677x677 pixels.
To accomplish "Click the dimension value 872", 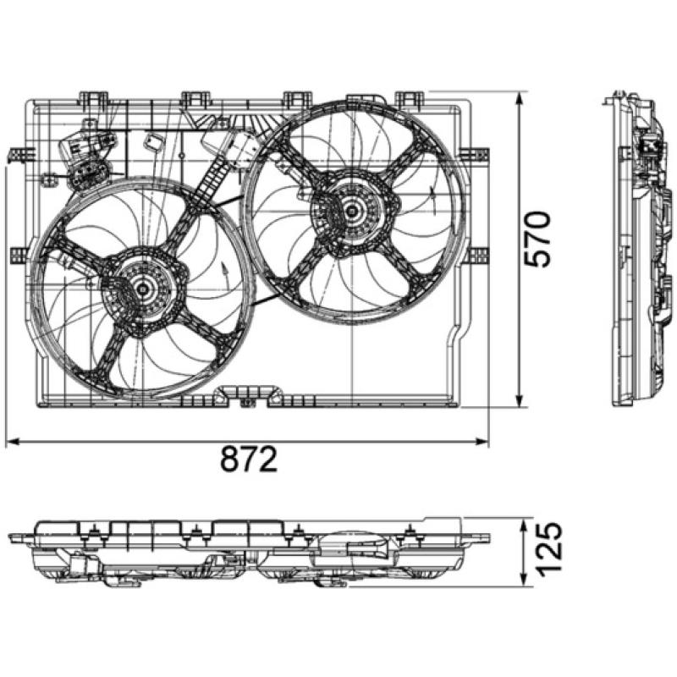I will [x=249, y=461].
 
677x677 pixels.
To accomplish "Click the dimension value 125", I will [x=546, y=551].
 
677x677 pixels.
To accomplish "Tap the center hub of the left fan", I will [x=142, y=289].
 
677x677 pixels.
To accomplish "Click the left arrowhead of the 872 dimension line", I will [x=11, y=441].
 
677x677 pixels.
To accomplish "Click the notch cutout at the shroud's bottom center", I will [x=247, y=394].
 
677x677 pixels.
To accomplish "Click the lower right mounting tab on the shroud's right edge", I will [x=478, y=255].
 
